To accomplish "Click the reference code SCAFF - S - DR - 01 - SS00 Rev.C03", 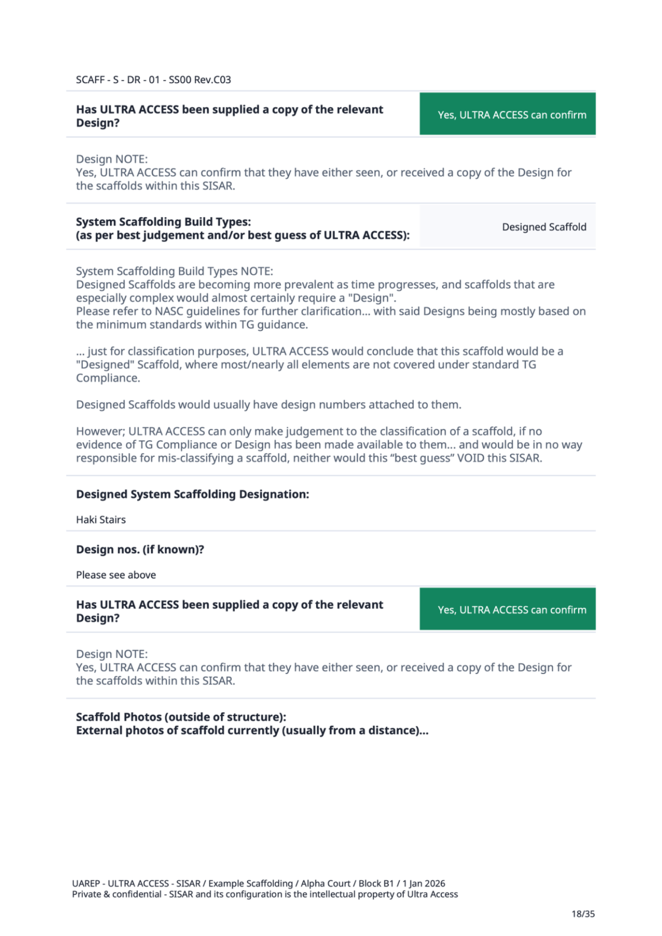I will click(153, 79).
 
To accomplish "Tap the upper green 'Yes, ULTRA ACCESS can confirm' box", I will click(507, 114).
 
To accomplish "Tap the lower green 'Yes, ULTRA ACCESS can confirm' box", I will click(507, 609).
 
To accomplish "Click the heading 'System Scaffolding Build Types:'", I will click(163, 222).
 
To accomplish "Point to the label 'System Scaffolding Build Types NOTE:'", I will click(174, 271).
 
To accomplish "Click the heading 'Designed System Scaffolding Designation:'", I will click(192, 494).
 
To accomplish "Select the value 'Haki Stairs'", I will click(101, 520).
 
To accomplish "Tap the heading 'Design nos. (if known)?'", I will click(140, 549).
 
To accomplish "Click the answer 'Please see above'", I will click(116, 575).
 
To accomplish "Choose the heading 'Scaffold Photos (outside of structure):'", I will click(181, 717).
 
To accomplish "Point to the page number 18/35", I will click(583, 914).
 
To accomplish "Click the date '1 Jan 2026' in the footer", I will click(424, 884).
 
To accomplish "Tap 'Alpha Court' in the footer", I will click(325, 884).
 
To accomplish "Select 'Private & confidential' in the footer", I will click(116, 894).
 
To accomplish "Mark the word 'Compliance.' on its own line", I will click(108, 378).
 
